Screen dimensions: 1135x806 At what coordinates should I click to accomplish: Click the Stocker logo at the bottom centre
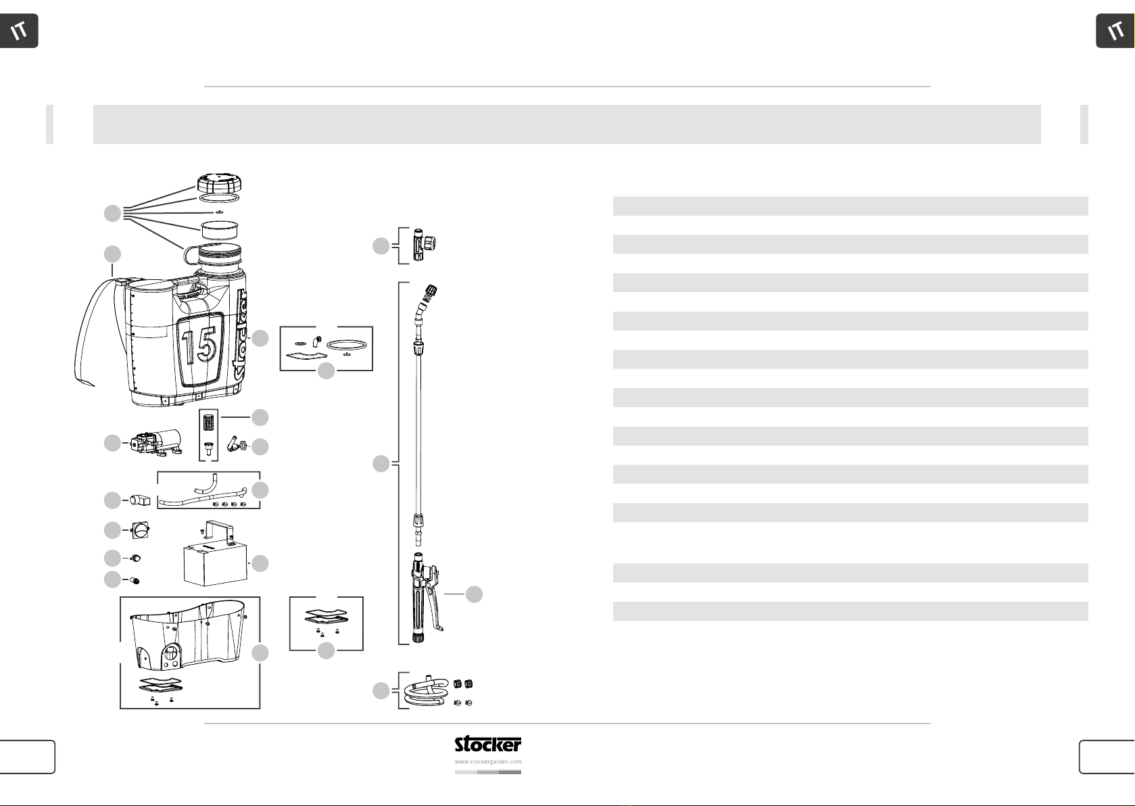coord(487,744)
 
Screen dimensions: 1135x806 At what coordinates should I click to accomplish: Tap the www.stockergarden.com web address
coord(487,761)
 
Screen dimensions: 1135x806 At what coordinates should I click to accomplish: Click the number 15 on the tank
coord(199,348)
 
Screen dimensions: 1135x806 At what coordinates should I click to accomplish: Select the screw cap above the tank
coord(219,183)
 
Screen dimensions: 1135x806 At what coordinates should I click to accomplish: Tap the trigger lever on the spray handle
coord(434,603)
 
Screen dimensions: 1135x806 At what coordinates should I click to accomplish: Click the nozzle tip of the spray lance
coord(431,291)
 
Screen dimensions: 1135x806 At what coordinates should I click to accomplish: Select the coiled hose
coord(427,690)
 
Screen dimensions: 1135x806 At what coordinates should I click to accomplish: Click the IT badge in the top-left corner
coord(19,31)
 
